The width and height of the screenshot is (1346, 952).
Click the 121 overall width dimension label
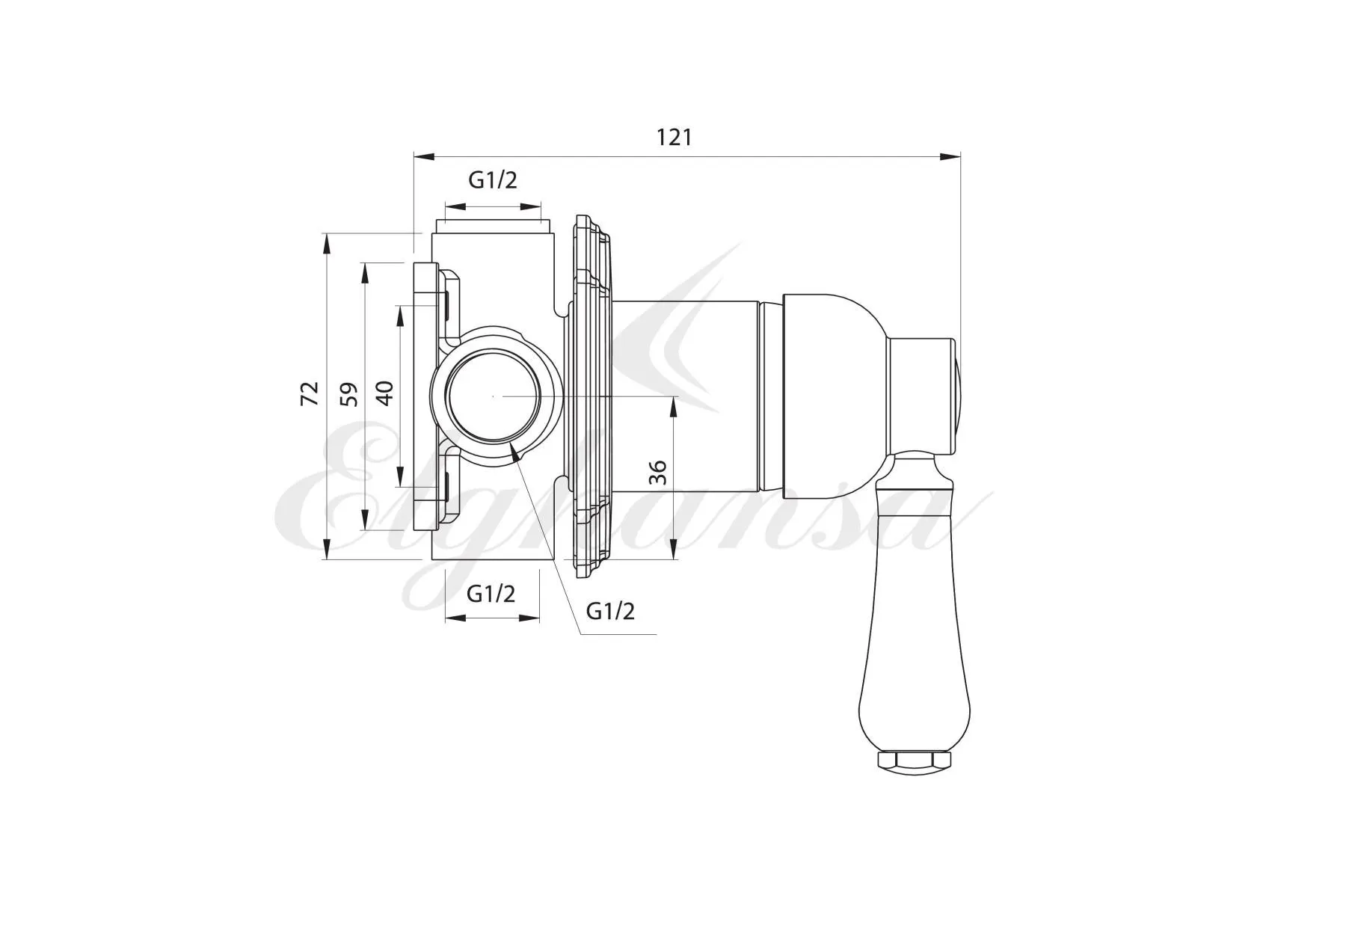click(x=674, y=138)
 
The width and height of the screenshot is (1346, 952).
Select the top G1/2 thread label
click(x=493, y=179)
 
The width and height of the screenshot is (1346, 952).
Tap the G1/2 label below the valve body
click(x=491, y=594)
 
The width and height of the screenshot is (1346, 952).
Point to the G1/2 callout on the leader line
click(x=610, y=611)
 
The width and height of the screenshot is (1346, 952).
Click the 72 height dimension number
click(x=310, y=393)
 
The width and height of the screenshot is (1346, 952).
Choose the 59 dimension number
click(x=349, y=394)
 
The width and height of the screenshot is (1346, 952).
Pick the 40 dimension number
click(x=384, y=393)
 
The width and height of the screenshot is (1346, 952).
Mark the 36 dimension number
click(x=657, y=472)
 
